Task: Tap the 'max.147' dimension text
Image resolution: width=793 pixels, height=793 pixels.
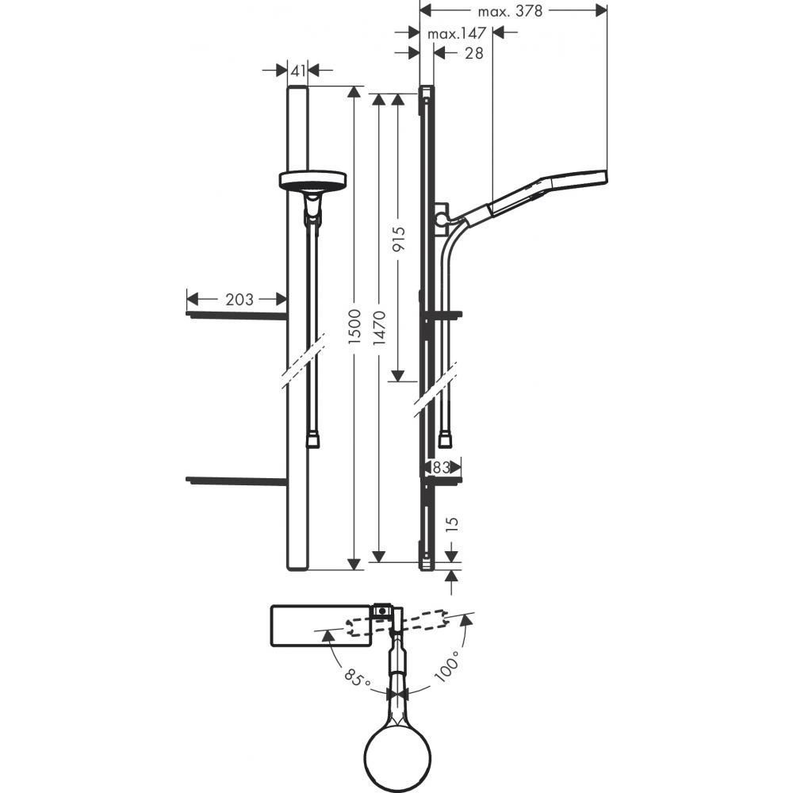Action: (x=455, y=34)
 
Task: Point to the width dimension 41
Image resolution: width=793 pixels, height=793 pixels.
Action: (x=297, y=71)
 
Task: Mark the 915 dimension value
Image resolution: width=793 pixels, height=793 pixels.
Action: (x=400, y=241)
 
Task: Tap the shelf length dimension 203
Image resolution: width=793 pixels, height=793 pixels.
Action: (x=239, y=300)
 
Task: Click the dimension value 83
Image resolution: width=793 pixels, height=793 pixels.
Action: (x=442, y=468)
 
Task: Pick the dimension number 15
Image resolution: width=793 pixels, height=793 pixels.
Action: (x=453, y=524)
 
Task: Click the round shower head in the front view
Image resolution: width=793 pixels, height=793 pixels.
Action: (x=314, y=182)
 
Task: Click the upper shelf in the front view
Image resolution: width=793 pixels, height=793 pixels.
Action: (x=236, y=315)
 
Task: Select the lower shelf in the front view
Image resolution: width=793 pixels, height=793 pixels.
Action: (x=236, y=480)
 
